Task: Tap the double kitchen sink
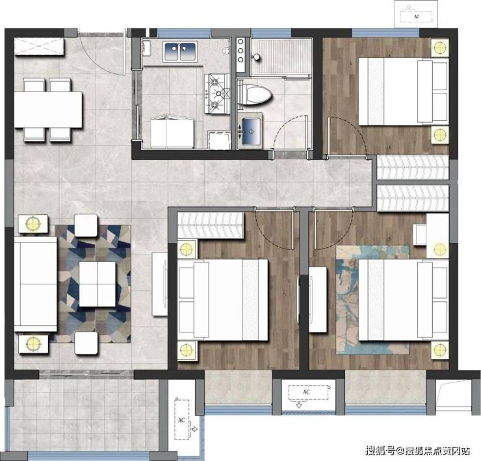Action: point(180,51)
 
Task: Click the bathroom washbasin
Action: point(250,131)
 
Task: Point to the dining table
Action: point(48,109)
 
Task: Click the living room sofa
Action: point(36,284)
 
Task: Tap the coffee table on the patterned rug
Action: point(97,284)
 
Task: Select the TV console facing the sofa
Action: point(160,284)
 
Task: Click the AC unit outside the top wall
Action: point(416,16)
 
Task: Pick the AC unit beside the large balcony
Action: point(181,419)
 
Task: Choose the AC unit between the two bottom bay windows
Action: point(308,392)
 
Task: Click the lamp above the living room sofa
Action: point(33,223)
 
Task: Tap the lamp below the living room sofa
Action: point(33,343)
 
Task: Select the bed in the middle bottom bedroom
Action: point(223,300)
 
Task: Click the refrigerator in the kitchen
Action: point(172,132)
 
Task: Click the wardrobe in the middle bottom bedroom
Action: point(211,225)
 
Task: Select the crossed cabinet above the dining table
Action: point(39,47)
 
